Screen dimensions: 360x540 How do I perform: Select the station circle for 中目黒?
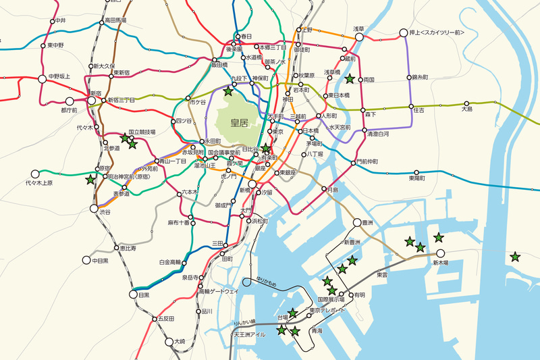(86, 260)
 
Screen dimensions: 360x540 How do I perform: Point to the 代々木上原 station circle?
(34, 173)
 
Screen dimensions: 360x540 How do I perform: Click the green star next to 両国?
(350, 80)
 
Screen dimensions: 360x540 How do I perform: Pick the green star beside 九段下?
(229, 91)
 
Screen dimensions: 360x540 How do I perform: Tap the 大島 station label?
(467, 108)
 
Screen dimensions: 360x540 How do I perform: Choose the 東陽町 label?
(417, 178)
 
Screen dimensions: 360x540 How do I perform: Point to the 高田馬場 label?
(117, 22)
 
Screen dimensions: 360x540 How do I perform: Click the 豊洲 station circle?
(358, 223)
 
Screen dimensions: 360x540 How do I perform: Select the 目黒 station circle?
(133, 295)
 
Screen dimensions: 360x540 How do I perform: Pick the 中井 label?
(61, 22)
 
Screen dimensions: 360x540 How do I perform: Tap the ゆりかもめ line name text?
(267, 280)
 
